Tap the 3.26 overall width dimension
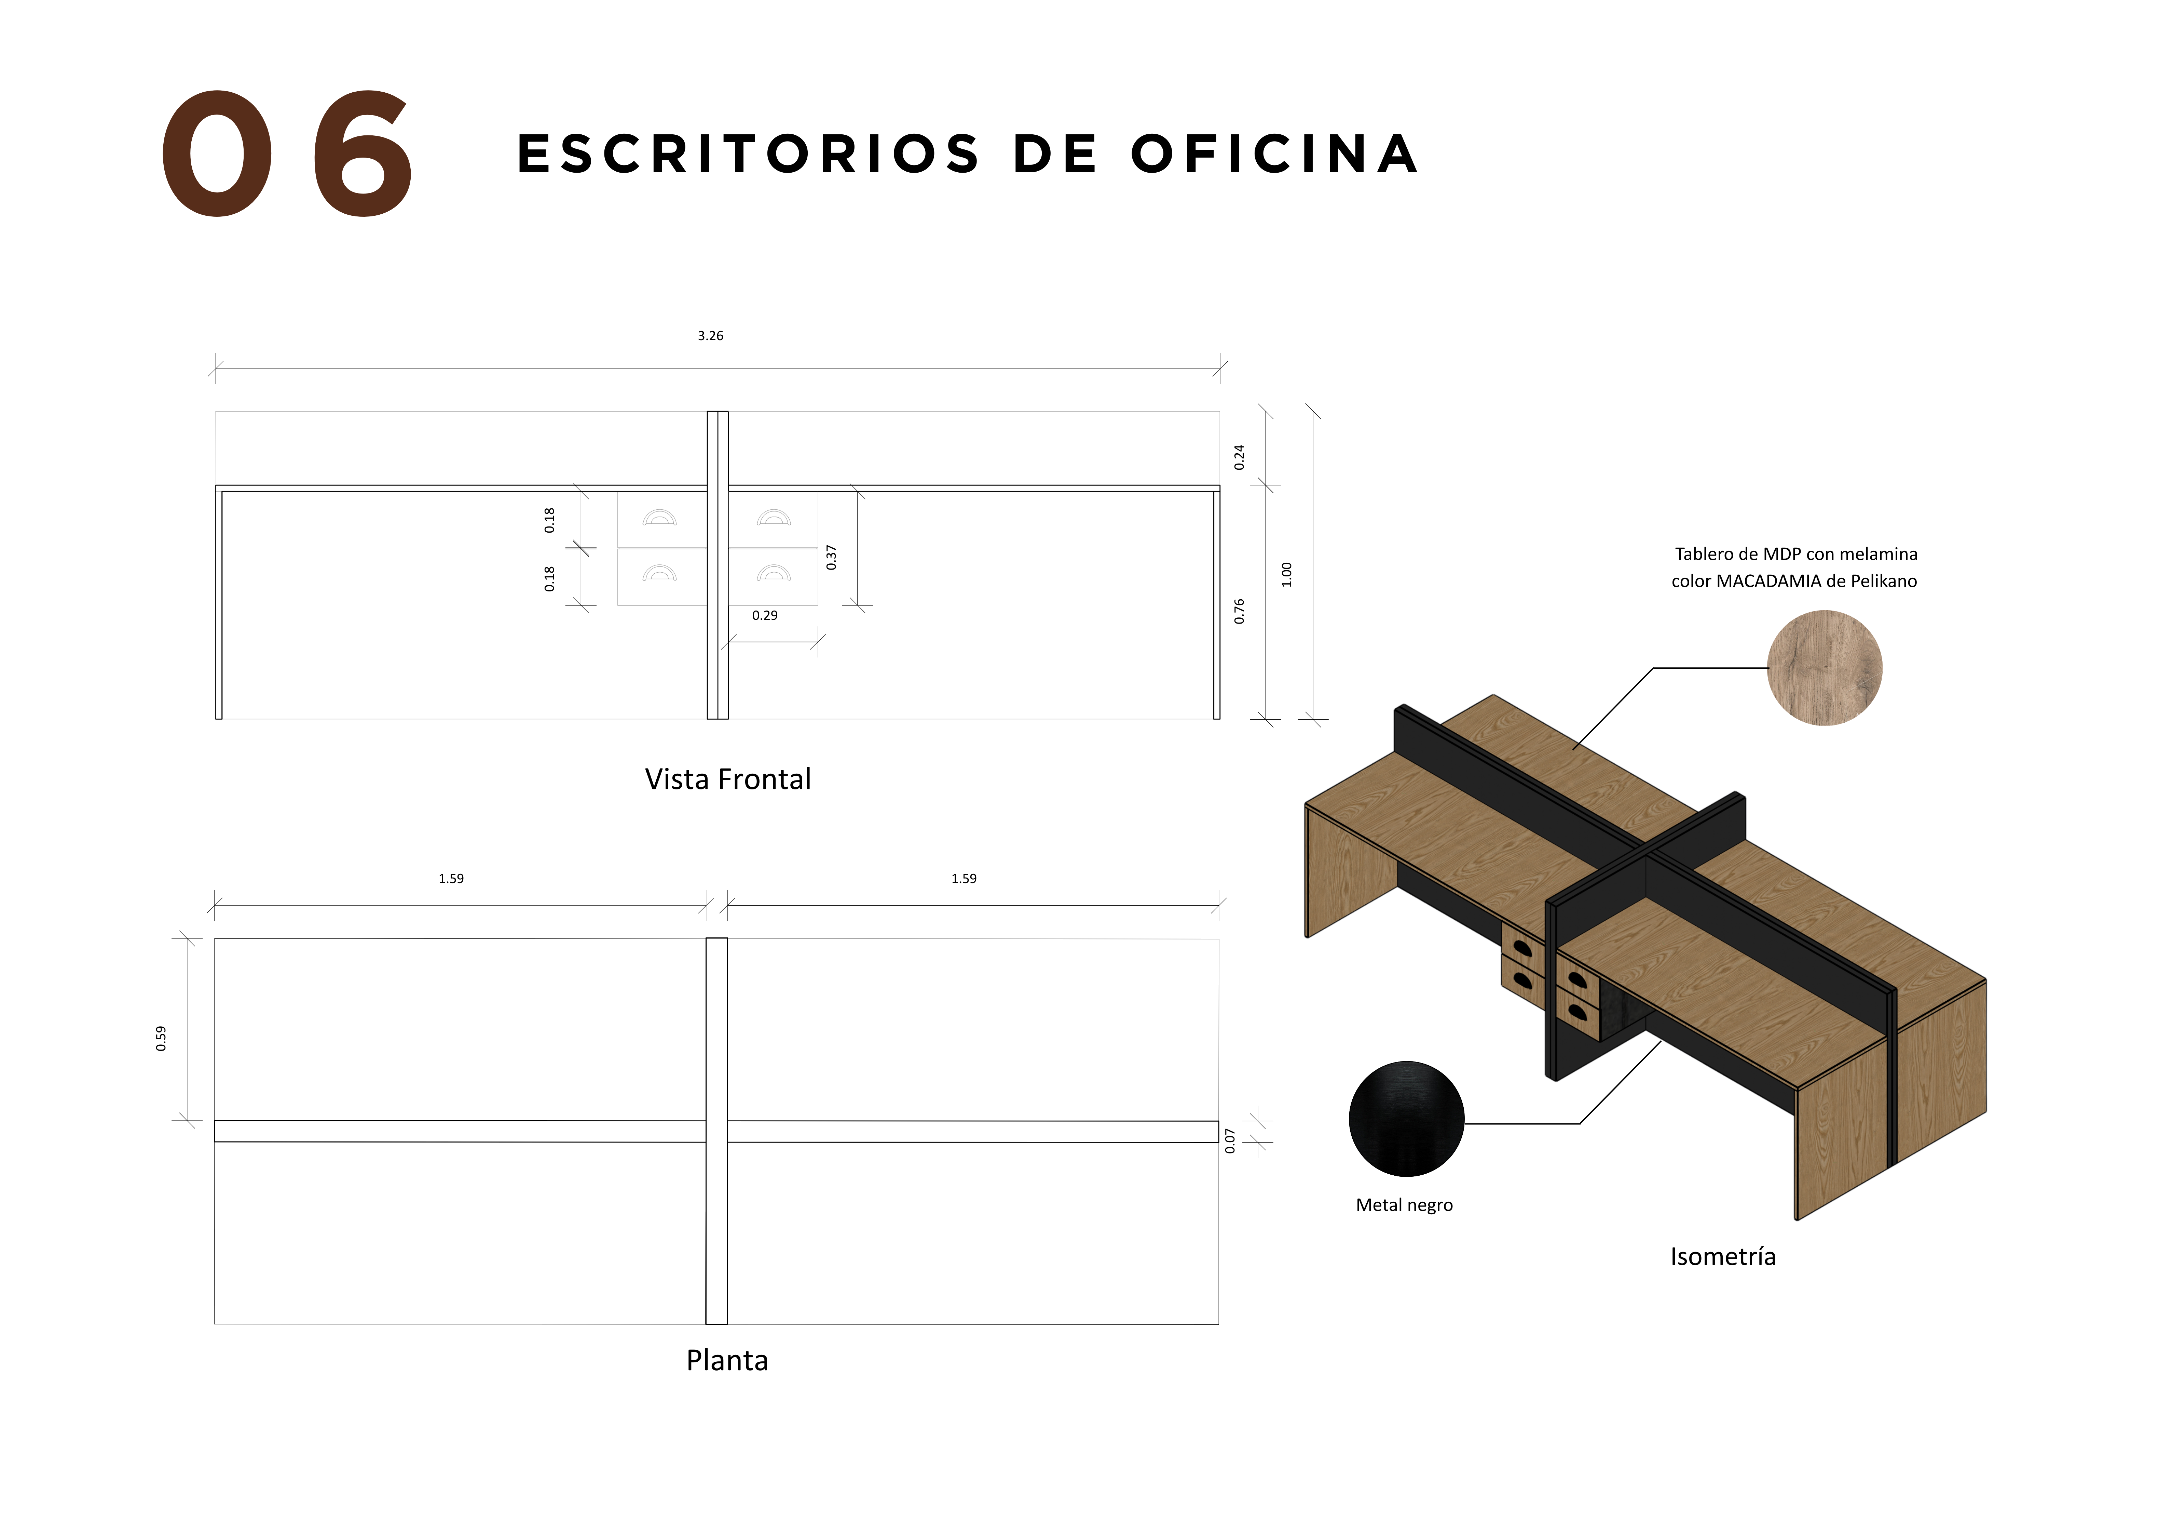[x=710, y=336]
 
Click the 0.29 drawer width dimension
[x=764, y=615]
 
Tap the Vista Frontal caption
[x=727, y=779]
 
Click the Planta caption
[x=727, y=1360]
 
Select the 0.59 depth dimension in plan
[x=161, y=1038]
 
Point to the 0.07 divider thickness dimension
[x=1230, y=1140]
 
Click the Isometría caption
[x=1723, y=1257]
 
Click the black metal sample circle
[x=1407, y=1119]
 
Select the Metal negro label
[x=1404, y=1205]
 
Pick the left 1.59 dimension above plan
[x=451, y=878]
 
